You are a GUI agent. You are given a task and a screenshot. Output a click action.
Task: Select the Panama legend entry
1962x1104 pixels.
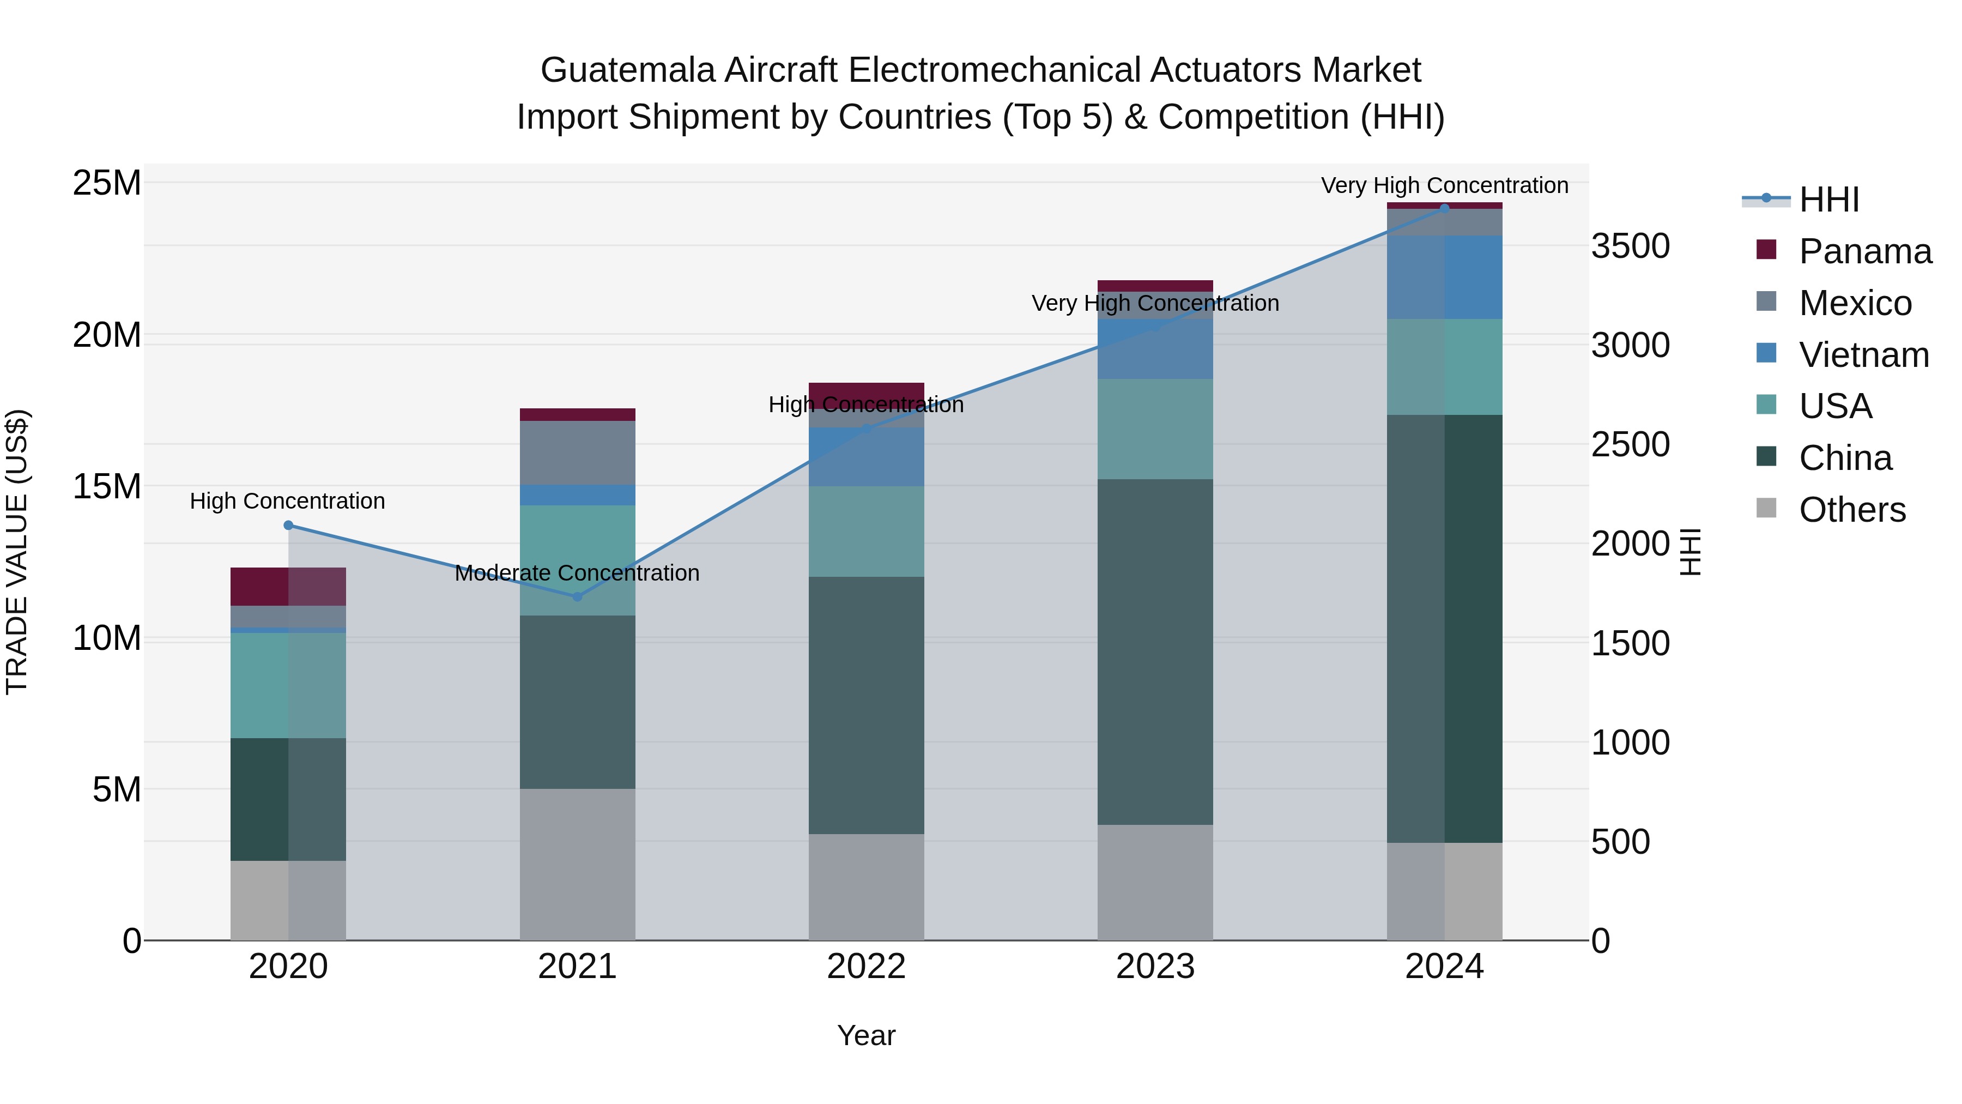[1864, 251]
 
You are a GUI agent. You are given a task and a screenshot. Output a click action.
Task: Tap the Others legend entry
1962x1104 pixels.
[1851, 510]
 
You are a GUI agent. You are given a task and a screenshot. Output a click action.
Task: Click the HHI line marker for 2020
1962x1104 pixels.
[288, 525]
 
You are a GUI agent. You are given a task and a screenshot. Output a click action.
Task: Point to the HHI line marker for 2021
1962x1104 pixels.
[577, 596]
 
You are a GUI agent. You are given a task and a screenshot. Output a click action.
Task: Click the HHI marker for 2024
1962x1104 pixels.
[1445, 208]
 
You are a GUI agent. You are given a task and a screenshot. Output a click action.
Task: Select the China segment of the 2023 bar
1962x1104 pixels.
[1155, 651]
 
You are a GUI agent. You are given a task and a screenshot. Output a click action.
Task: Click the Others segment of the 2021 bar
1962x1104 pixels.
[577, 864]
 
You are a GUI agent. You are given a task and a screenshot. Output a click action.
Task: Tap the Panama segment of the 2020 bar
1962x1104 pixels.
[288, 587]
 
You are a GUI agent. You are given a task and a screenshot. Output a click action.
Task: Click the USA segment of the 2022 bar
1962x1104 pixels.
[866, 531]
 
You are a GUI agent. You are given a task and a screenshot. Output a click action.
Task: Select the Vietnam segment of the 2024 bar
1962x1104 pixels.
[1445, 277]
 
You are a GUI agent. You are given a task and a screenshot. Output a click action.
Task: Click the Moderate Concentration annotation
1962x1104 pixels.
[577, 573]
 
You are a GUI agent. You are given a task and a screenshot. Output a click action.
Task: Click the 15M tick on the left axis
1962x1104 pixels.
[107, 486]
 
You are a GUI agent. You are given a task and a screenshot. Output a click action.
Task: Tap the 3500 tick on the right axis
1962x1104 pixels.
[1631, 246]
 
